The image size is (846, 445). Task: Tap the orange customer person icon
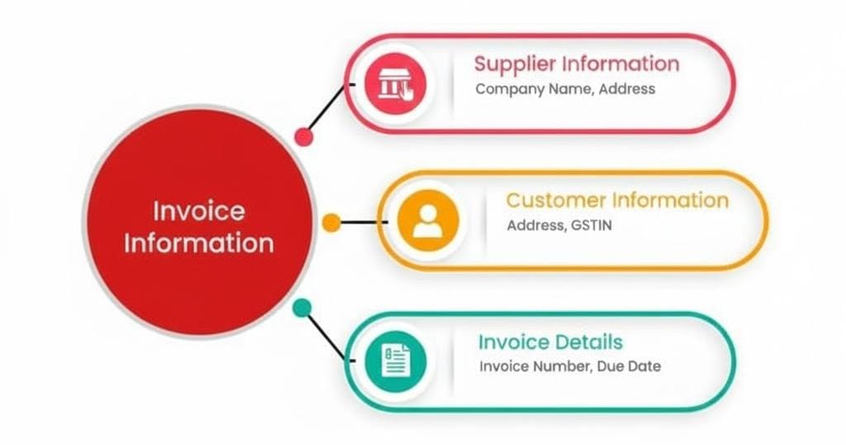point(427,220)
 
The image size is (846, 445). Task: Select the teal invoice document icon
point(396,360)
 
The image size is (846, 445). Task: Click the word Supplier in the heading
point(515,64)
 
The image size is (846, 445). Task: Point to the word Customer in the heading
point(554,200)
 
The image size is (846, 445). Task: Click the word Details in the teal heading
point(589,342)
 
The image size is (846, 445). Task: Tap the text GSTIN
point(592,225)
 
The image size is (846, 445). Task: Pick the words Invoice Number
point(535,366)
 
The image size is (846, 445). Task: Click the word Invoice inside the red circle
point(199,210)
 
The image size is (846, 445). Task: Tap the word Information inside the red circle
point(199,244)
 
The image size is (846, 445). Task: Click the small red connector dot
point(305,136)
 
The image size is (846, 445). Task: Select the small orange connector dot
point(331,222)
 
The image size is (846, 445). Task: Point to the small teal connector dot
point(302,308)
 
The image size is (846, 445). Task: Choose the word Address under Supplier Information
point(626,89)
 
